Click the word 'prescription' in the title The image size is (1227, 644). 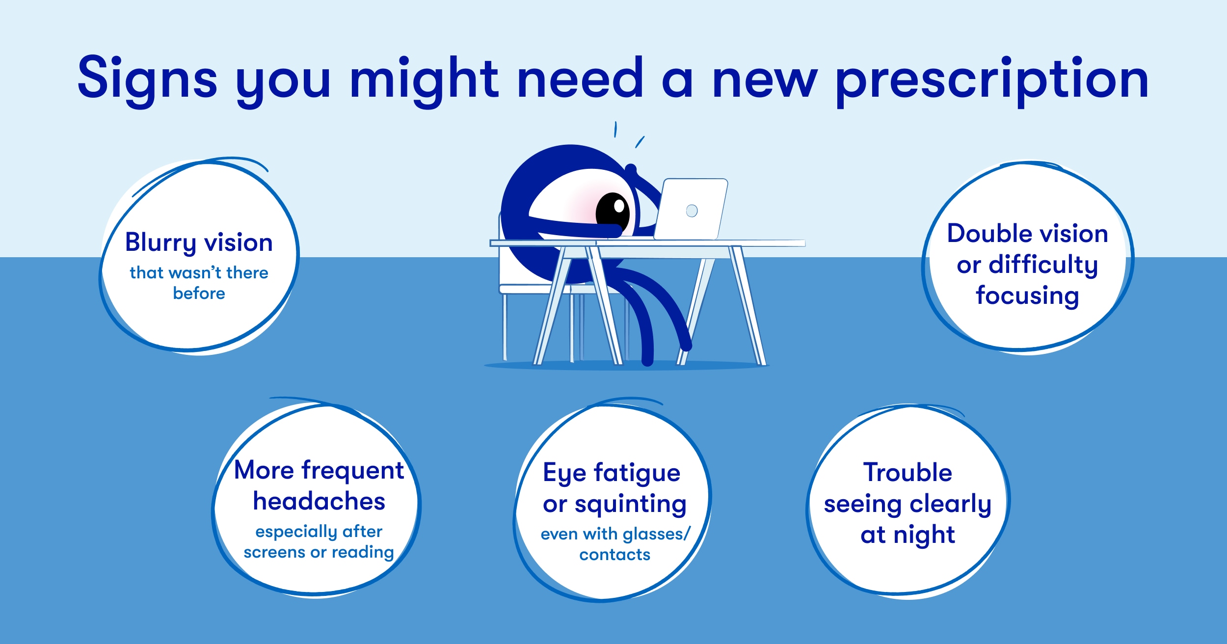coord(992,81)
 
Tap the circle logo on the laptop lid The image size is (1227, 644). coord(692,211)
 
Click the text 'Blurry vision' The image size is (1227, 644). coord(199,243)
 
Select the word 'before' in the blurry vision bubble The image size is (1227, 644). coord(199,293)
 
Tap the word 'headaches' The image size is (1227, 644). coord(319,501)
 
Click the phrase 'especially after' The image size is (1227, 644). coord(319,532)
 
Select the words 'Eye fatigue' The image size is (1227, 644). coord(612,474)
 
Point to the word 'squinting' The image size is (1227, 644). coord(631,505)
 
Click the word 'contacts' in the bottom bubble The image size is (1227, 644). coord(615,555)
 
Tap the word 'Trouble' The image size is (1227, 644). coord(907,472)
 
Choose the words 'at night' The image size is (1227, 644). coord(907,535)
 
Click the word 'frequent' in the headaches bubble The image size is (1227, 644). coord(352,471)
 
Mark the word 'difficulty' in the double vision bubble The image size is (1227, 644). coord(1043,265)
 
